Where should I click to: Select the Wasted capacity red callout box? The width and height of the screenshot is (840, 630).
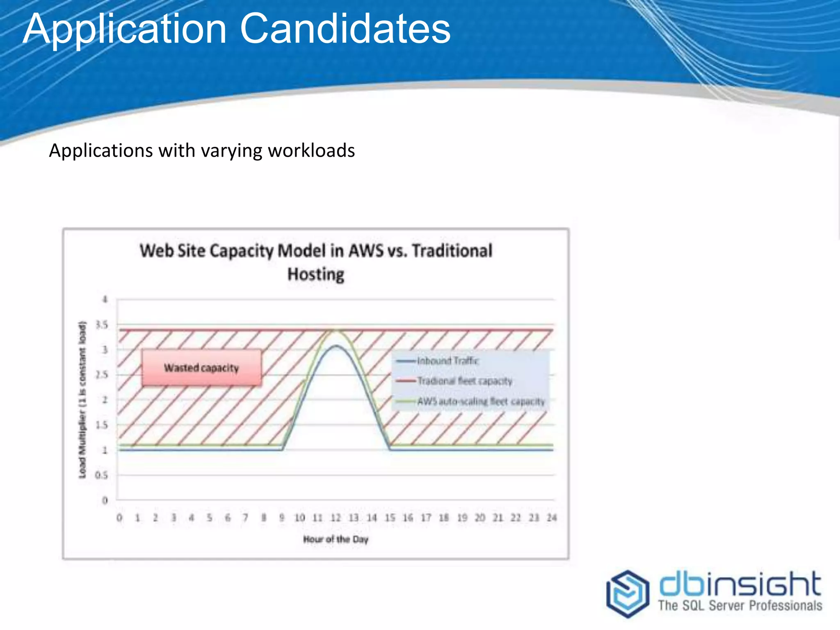click(201, 368)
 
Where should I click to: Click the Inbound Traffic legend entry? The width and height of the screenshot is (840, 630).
click(447, 361)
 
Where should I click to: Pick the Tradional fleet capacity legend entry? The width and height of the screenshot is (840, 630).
click(464, 381)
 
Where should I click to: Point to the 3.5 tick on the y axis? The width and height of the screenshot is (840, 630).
click(102, 325)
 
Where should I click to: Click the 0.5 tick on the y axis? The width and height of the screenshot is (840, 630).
click(101, 475)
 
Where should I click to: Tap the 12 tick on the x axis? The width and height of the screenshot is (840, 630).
click(336, 518)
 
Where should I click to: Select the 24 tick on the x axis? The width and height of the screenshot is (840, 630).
click(552, 518)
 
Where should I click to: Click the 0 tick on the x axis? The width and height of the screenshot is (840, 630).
click(119, 518)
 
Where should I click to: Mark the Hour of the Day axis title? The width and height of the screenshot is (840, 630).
click(336, 539)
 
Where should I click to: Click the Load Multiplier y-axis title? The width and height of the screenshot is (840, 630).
click(83, 400)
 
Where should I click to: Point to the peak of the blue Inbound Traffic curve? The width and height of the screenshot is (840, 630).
click(336, 346)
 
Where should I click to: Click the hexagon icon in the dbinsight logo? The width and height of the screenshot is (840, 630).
click(628, 593)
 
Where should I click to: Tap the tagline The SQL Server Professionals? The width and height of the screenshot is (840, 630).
click(740, 606)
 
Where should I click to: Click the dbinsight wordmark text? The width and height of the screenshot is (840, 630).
click(740, 584)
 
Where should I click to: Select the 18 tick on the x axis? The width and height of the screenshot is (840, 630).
click(444, 518)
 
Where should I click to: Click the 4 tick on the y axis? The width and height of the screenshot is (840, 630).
click(105, 300)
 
